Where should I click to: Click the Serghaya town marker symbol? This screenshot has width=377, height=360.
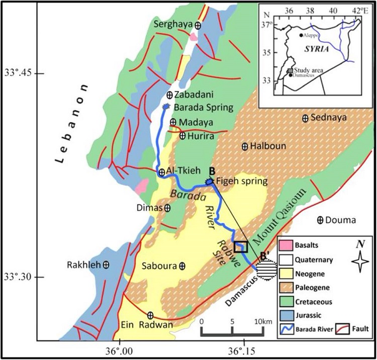(x=199, y=25)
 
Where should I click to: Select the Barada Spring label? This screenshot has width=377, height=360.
(x=204, y=107)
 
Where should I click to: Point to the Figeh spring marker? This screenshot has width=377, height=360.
(x=210, y=181)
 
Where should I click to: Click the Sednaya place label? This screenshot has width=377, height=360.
(x=330, y=118)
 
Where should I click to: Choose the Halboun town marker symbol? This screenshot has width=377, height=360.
(x=245, y=146)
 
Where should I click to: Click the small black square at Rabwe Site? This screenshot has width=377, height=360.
(x=241, y=247)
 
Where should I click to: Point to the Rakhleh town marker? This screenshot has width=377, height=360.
(x=106, y=265)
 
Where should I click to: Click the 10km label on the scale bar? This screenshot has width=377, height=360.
(x=262, y=321)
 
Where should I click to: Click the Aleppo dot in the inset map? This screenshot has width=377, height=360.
(x=301, y=35)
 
